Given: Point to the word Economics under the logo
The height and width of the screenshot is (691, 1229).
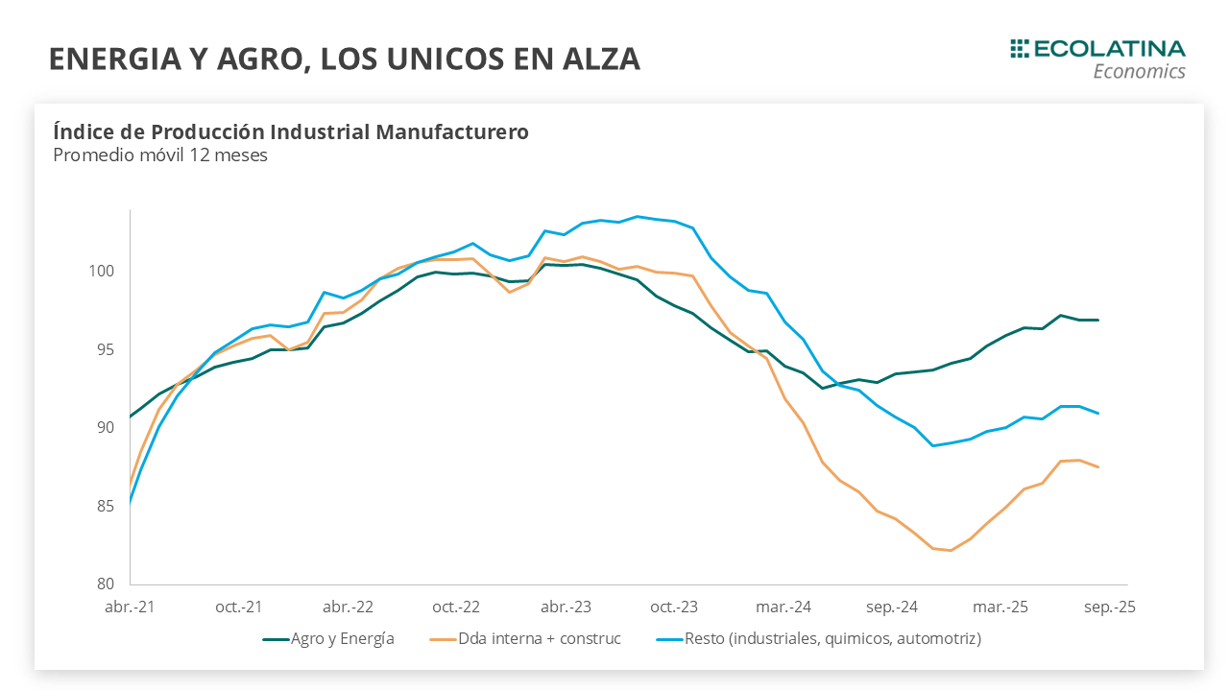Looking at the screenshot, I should pyautogui.click(x=1140, y=72).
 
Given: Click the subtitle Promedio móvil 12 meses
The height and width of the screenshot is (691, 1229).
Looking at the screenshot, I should pyautogui.click(x=160, y=155).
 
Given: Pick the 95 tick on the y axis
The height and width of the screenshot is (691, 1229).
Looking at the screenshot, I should pyautogui.click(x=104, y=349).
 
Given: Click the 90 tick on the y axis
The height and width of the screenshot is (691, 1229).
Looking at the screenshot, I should pyautogui.click(x=104, y=427).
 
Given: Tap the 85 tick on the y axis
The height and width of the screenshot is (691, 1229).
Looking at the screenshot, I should pyautogui.click(x=104, y=506).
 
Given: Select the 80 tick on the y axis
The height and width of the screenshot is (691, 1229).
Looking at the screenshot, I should pyautogui.click(x=104, y=584).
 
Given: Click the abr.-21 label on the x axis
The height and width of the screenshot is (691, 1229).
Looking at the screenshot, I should pyautogui.click(x=131, y=608).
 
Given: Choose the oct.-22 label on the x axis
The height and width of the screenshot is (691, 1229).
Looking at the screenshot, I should pyautogui.click(x=456, y=608).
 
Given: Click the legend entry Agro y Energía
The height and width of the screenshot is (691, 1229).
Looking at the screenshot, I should pyautogui.click(x=343, y=638).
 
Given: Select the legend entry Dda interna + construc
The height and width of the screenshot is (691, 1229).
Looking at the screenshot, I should pyautogui.click(x=540, y=638).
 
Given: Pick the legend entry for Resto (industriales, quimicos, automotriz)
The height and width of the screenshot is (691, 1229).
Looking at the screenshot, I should pyautogui.click(x=832, y=638).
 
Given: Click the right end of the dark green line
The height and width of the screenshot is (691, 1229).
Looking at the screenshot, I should pyautogui.click(x=1098, y=320).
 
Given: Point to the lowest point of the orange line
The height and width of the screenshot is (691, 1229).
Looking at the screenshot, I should pyautogui.click(x=951, y=550).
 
